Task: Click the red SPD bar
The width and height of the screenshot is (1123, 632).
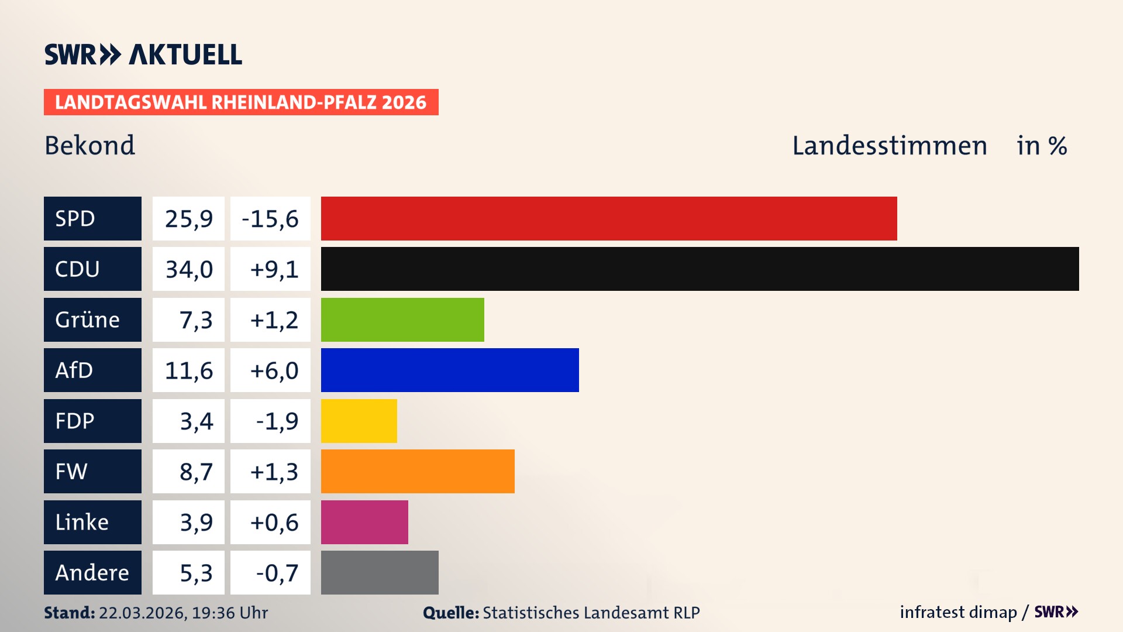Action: tap(608, 218)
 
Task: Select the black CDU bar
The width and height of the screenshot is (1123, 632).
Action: tap(700, 269)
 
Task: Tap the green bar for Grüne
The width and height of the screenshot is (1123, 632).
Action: tap(402, 320)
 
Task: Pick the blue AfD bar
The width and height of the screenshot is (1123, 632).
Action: tap(450, 370)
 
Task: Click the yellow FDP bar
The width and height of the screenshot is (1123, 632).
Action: tap(359, 421)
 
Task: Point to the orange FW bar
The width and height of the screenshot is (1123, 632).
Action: tap(418, 471)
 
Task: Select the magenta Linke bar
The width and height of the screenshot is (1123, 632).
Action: tap(364, 522)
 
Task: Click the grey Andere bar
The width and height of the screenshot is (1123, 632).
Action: tap(380, 572)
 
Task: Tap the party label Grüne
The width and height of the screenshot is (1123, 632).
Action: tap(88, 320)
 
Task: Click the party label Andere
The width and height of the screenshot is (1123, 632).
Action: tap(92, 572)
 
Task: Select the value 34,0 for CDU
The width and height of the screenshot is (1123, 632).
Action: tap(189, 269)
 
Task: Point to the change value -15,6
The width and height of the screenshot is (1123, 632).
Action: tap(270, 218)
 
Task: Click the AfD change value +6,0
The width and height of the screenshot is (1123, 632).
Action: tap(274, 370)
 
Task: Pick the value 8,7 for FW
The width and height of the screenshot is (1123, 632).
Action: tap(196, 471)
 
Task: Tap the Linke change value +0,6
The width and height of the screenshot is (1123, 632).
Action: tap(274, 522)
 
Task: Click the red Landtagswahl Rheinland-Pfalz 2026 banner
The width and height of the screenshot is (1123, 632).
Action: tap(241, 102)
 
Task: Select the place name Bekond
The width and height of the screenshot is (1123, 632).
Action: tap(89, 145)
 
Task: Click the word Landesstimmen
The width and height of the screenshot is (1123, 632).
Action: tap(889, 145)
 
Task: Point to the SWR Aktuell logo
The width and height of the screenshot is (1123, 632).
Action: tap(143, 54)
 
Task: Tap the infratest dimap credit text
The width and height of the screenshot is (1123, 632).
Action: tap(958, 612)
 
